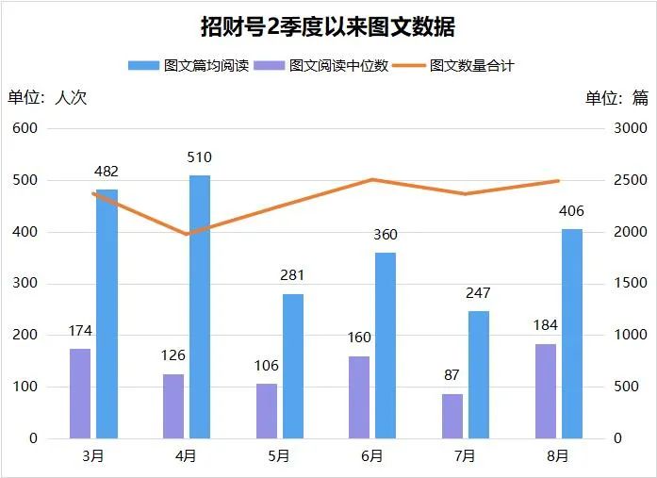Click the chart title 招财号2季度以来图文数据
pos(328,26)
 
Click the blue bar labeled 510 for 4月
pos(199,306)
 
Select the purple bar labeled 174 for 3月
pos(80,393)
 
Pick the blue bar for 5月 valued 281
pos(292,366)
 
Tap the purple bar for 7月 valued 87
pos(452,416)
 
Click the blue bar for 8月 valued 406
pos(571,334)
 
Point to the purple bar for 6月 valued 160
pos(359,397)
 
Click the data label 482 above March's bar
pos(107,172)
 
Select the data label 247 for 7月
pos(479,293)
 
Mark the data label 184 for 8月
pos(545,326)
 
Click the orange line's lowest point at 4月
pos(187,234)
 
